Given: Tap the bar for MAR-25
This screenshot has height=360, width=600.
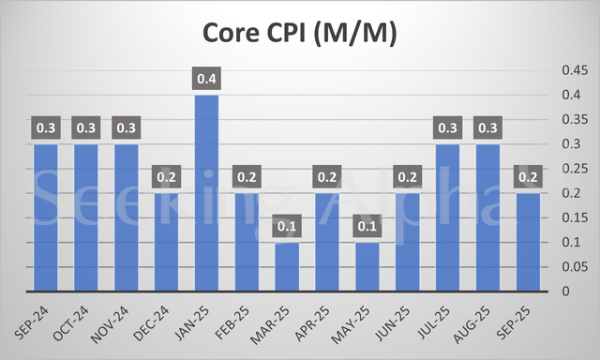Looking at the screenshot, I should pos(287,266).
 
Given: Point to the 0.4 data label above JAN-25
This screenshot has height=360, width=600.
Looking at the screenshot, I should pos(207,80).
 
